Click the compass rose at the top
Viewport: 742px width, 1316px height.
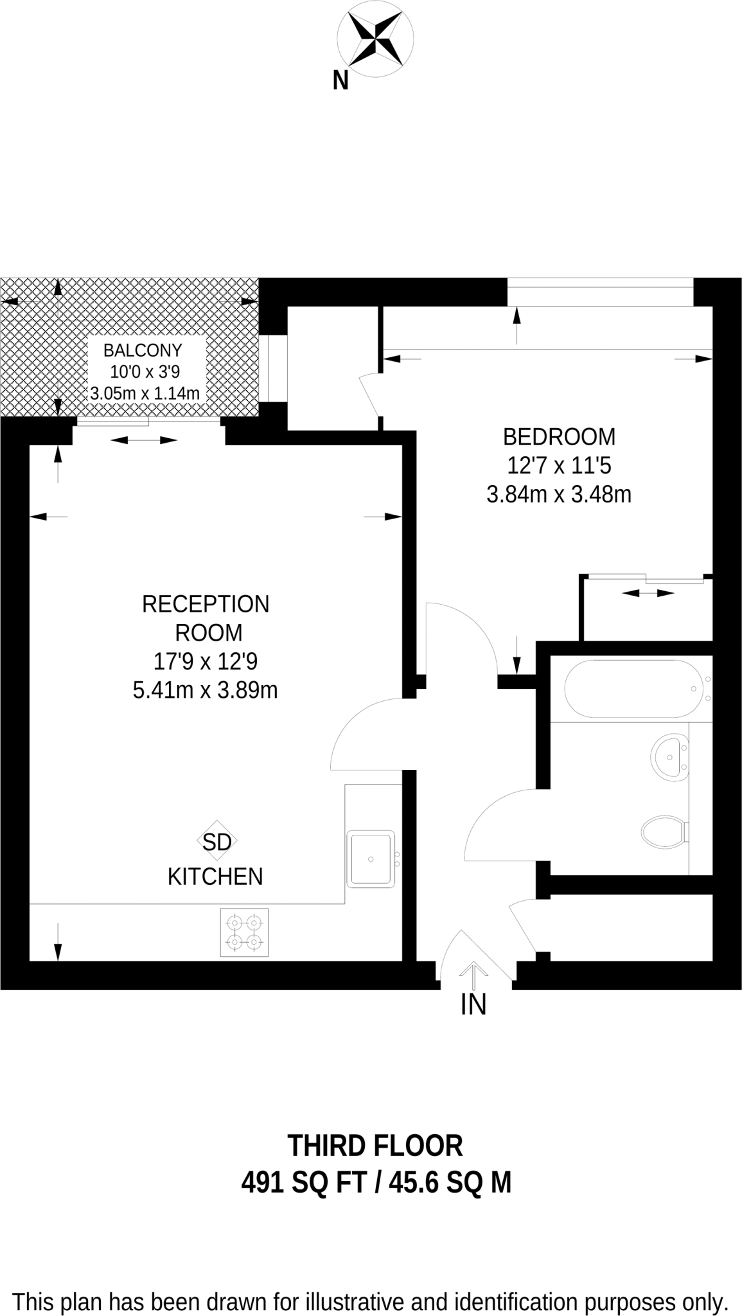click(x=376, y=39)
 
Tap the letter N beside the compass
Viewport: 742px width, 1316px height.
click(x=340, y=81)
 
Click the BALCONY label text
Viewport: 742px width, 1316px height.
click(x=143, y=350)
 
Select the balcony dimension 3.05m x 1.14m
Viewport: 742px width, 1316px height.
click(x=145, y=393)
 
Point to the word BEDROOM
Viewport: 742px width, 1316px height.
click(x=558, y=437)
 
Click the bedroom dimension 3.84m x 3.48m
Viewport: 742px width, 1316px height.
click(x=558, y=495)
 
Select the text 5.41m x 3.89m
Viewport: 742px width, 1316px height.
click(x=205, y=690)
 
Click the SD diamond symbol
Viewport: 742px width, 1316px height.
click(x=216, y=842)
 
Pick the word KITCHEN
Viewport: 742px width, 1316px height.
click(x=215, y=876)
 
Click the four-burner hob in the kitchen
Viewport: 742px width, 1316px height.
click(x=244, y=932)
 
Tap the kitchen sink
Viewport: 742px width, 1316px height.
click(x=371, y=858)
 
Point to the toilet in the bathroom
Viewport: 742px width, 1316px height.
click(x=664, y=832)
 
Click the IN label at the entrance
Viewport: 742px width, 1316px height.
click(x=473, y=1004)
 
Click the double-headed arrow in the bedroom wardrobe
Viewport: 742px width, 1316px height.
click(x=648, y=593)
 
